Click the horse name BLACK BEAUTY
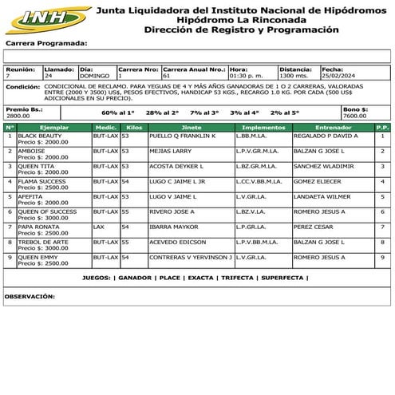point(40,136)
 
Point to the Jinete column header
point(192,127)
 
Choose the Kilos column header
point(134,127)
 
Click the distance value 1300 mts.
point(294,76)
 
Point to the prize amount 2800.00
point(18,115)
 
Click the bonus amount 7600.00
point(355,115)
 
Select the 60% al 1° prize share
point(119,113)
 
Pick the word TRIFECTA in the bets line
point(236,278)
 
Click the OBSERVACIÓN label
point(30,296)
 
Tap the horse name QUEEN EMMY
point(38,257)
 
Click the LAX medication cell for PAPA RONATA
point(98,227)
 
